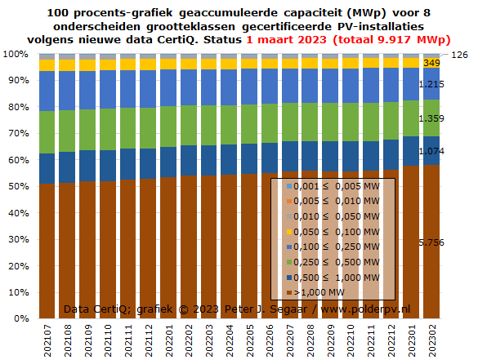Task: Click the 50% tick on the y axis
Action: [18, 186]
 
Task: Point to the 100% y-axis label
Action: [16, 54]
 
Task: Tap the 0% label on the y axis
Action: [21, 318]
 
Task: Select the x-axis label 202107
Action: [47, 340]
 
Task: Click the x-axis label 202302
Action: [432, 340]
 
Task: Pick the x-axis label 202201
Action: [169, 340]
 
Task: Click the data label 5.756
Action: [431, 242]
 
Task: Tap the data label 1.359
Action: [431, 118]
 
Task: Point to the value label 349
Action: [431, 63]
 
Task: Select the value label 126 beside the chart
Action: [459, 55]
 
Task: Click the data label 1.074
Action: [431, 151]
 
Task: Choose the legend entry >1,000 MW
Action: [316, 292]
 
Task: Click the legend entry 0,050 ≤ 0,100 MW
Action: [333, 232]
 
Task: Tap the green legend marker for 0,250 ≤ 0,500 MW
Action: [289, 262]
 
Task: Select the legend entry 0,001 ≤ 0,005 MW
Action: [333, 186]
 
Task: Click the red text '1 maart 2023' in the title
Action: [286, 40]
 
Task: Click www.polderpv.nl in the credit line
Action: [365, 309]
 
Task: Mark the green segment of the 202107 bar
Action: [47, 132]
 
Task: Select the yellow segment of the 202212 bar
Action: [391, 63]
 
